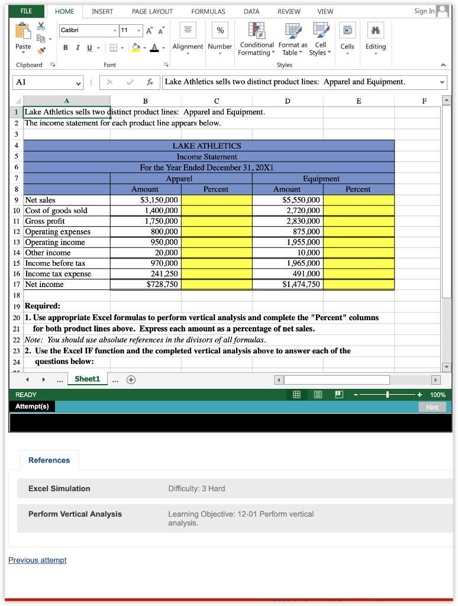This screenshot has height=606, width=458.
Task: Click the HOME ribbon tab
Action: [64, 11]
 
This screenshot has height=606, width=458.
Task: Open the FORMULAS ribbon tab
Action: [208, 11]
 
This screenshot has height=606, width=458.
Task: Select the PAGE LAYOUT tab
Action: [152, 11]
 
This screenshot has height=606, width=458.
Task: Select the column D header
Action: [288, 101]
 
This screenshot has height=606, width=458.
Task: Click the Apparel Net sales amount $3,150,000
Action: [154, 200]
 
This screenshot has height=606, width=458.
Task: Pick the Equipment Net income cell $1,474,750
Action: [301, 285]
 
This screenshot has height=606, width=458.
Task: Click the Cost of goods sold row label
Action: [56, 211]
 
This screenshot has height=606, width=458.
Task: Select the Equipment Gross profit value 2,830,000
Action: [303, 221]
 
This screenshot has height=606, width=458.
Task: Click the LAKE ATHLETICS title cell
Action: [207, 146]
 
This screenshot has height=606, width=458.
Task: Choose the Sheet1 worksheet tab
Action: [87, 379]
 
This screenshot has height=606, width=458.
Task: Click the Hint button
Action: [432, 407]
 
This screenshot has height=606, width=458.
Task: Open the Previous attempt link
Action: [37, 560]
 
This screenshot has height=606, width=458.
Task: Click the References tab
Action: [49, 460]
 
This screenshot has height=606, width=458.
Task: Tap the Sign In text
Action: [424, 11]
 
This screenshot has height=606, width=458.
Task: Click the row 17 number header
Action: [17, 285]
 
